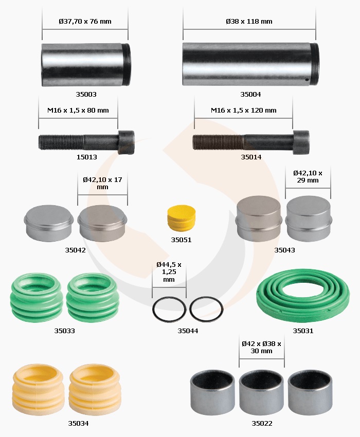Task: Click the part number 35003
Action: tap(86, 94)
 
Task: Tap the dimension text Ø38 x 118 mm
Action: tap(249, 21)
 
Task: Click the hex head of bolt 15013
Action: tap(126, 142)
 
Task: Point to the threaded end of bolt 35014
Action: tap(218, 142)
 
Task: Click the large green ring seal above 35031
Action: tap(303, 296)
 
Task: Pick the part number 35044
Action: tap(188, 331)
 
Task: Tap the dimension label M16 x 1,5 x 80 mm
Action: tap(78, 111)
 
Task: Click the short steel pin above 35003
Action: tap(86, 65)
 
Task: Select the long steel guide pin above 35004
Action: tap(250, 64)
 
